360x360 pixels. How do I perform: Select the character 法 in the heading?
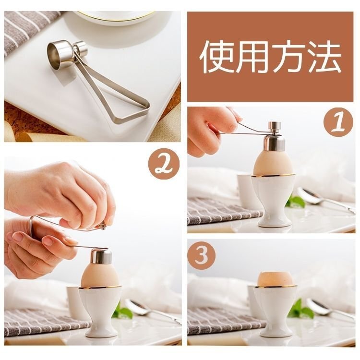324,57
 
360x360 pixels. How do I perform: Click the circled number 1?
338,122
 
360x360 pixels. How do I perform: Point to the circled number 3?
202,255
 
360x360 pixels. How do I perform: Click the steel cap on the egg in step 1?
275,143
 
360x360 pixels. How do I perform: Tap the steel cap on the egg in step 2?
101,256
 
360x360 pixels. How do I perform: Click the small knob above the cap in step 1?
276,126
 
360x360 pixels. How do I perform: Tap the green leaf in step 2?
124,311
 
